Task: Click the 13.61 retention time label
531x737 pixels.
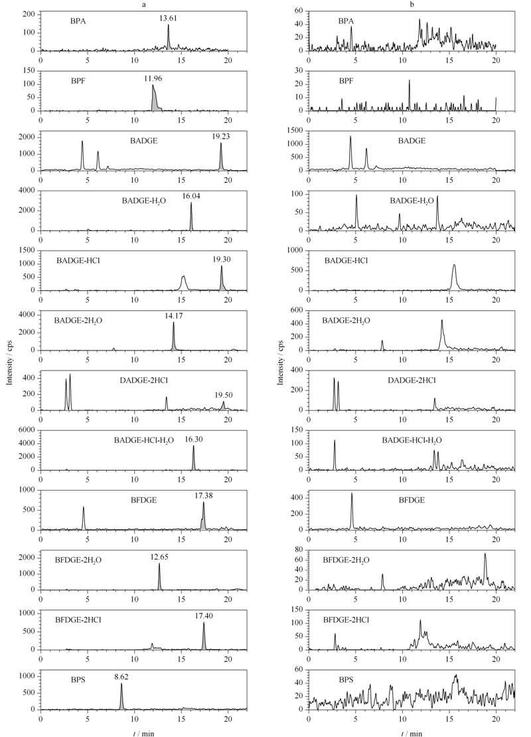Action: pyautogui.click(x=168, y=19)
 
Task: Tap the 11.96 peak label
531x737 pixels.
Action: pyautogui.click(x=153, y=78)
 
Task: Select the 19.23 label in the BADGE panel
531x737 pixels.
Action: pyautogui.click(x=221, y=136)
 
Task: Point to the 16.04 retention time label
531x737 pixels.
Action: pyautogui.click(x=191, y=197)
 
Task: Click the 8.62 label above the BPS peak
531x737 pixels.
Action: pyautogui.click(x=121, y=677)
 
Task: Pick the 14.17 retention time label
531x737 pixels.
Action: pyautogui.click(x=174, y=316)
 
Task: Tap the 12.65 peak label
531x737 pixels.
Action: pyautogui.click(x=159, y=557)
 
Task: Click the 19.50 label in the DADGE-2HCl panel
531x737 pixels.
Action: pyautogui.click(x=224, y=395)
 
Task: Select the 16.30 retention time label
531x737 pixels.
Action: pyautogui.click(x=194, y=440)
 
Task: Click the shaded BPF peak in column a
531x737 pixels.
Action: pyautogui.click(x=155, y=101)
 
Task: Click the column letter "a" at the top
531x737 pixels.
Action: pyautogui.click(x=144, y=5)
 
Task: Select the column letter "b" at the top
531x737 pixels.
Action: pyautogui.click(x=412, y=5)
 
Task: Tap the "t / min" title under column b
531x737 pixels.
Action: pyautogui.click(x=412, y=733)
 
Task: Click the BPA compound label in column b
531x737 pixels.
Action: pyautogui.click(x=346, y=21)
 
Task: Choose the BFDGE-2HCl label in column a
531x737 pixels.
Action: pyautogui.click(x=78, y=620)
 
